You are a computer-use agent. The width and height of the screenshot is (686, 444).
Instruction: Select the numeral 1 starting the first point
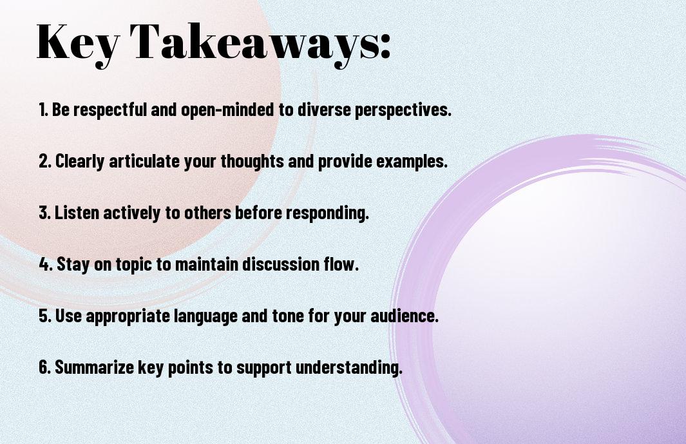(42, 110)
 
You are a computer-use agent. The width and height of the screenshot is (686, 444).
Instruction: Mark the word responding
(327, 213)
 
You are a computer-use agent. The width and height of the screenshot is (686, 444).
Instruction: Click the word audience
(405, 316)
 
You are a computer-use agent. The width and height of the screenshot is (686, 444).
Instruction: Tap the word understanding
(348, 367)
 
